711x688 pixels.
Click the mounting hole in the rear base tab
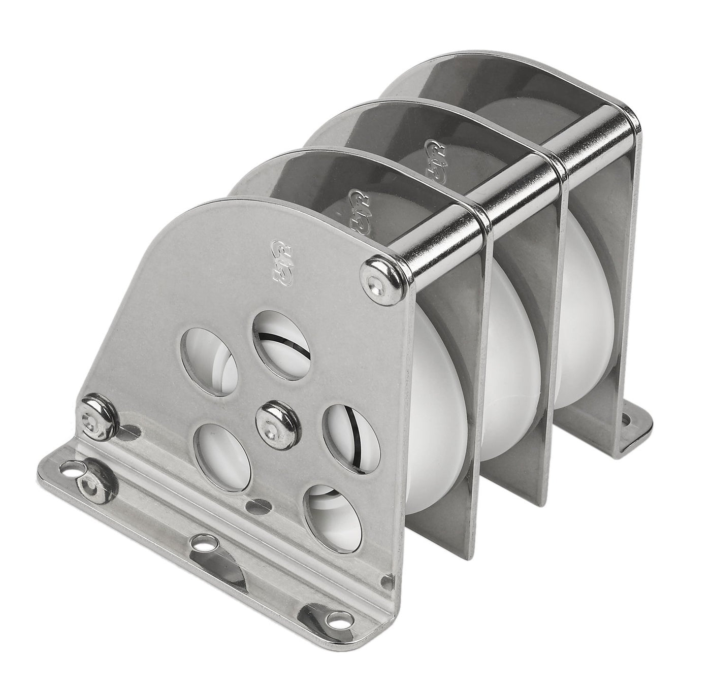(628, 421)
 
